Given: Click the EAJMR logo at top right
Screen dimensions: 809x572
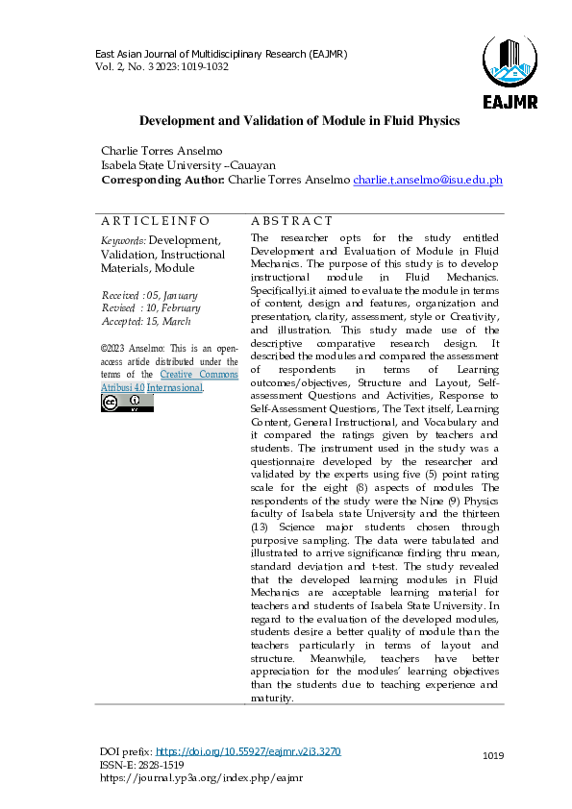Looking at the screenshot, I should [x=510, y=72].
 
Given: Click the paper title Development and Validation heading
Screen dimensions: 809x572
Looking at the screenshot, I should [x=300, y=121].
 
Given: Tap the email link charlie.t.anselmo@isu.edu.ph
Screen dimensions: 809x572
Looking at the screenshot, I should [x=428, y=180].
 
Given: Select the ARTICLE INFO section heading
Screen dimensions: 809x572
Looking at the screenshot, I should [x=155, y=221].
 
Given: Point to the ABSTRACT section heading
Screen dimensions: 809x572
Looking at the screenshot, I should [x=291, y=221].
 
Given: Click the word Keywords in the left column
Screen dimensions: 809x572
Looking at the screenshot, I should [x=123, y=240].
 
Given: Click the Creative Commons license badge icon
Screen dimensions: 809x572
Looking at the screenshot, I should [x=127, y=403].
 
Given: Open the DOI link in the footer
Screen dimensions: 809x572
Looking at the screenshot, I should [x=247, y=751].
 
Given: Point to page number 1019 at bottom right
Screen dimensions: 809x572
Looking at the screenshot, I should [x=493, y=757].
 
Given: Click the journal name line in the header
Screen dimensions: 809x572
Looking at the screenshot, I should [x=220, y=53].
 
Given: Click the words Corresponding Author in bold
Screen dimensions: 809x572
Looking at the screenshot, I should [x=162, y=180].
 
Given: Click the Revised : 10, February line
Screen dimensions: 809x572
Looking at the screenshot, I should [x=151, y=308].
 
